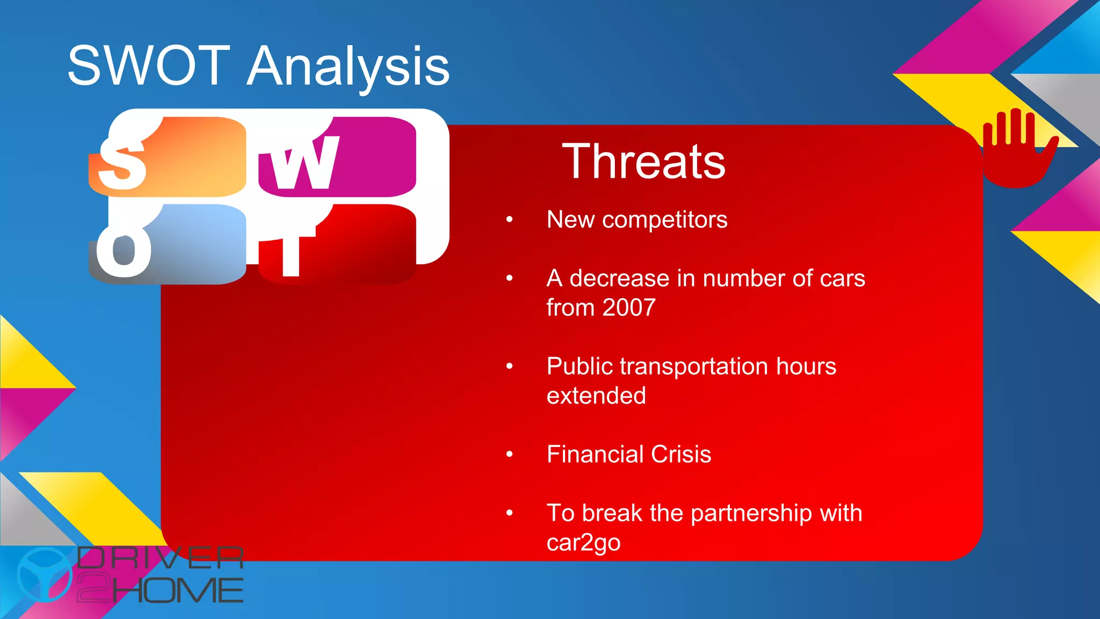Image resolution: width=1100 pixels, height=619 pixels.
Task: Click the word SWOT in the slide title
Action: pos(149,66)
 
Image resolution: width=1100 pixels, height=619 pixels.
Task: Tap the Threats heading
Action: pos(643,161)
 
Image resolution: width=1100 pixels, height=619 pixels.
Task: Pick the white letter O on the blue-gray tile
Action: pos(124,250)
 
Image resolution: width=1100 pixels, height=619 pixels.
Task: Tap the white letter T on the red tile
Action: pos(291,253)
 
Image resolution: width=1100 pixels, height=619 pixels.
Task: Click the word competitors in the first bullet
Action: pos(664,220)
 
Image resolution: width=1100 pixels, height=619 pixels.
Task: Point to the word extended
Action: pos(596,396)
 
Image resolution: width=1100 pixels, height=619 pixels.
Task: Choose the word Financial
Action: pos(595,455)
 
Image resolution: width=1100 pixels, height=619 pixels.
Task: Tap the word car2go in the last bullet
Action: pos(583,543)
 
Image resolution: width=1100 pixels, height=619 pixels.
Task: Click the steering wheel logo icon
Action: pos(44,574)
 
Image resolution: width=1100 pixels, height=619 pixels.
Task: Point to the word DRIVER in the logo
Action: pos(160,558)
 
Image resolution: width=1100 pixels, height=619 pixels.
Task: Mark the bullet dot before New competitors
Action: pos(509,220)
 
